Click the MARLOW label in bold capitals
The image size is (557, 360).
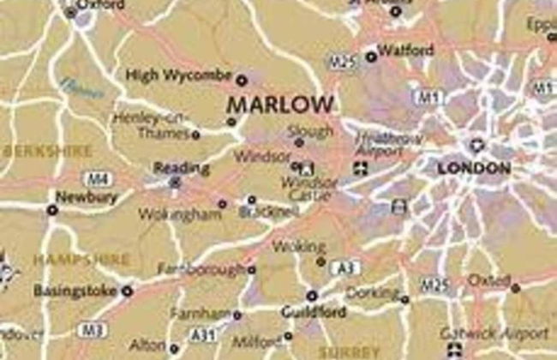(x=279, y=105)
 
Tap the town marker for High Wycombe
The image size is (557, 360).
(x=242, y=80)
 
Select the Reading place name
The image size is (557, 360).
(x=170, y=168)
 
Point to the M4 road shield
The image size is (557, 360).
(x=96, y=178)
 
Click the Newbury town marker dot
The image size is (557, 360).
(x=52, y=209)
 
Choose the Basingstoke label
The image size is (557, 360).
(x=75, y=291)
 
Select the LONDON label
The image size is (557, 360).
(x=474, y=169)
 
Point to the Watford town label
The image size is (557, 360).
(x=405, y=51)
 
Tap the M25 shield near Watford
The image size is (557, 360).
(x=341, y=62)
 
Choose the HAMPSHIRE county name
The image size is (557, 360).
(x=81, y=258)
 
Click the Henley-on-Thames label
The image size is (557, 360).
(x=155, y=126)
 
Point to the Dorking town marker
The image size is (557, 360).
(x=404, y=299)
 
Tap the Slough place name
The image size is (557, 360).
(x=310, y=131)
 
